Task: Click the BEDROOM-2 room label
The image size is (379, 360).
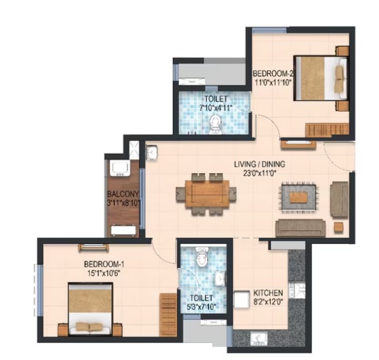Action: click(273, 73)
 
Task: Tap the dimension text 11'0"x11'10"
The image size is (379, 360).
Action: click(273, 83)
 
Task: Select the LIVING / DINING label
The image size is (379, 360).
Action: click(259, 164)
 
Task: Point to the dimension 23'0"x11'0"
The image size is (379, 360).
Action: click(259, 173)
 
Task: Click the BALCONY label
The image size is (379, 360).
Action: click(123, 194)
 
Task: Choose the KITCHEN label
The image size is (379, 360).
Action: click(268, 293)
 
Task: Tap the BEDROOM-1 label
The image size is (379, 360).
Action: click(104, 265)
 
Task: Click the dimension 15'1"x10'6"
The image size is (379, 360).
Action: click(104, 274)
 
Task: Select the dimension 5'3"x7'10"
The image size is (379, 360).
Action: click(201, 307)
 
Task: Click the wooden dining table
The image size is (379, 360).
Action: click(207, 193)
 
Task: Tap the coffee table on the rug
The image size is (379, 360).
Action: click(299, 197)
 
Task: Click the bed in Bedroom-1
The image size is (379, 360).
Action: click(91, 309)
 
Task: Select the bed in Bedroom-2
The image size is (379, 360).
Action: click(321, 79)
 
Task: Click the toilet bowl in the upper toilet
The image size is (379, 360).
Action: click(215, 125)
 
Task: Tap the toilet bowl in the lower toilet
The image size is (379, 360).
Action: click(201, 257)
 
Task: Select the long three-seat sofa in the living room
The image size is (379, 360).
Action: click(300, 228)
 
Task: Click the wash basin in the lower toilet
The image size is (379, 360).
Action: click(221, 278)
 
